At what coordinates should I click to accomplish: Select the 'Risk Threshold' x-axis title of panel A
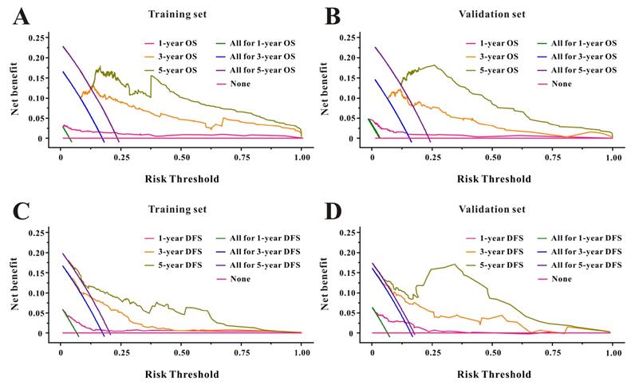click(181, 178)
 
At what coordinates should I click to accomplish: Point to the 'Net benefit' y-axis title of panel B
click(326, 88)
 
